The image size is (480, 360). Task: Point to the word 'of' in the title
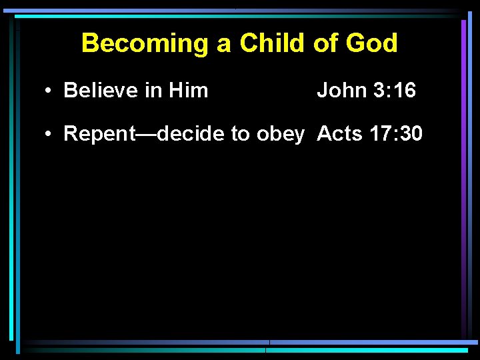(x=325, y=44)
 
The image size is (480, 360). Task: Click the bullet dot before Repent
(x=50, y=135)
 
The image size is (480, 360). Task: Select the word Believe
(x=101, y=91)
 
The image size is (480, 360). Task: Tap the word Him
(x=189, y=91)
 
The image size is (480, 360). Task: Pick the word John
(x=340, y=91)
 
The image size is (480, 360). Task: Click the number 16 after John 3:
(x=403, y=91)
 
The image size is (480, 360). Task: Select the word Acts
(x=339, y=134)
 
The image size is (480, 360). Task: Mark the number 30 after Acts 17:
(x=410, y=134)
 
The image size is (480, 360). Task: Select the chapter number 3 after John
(x=374, y=91)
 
